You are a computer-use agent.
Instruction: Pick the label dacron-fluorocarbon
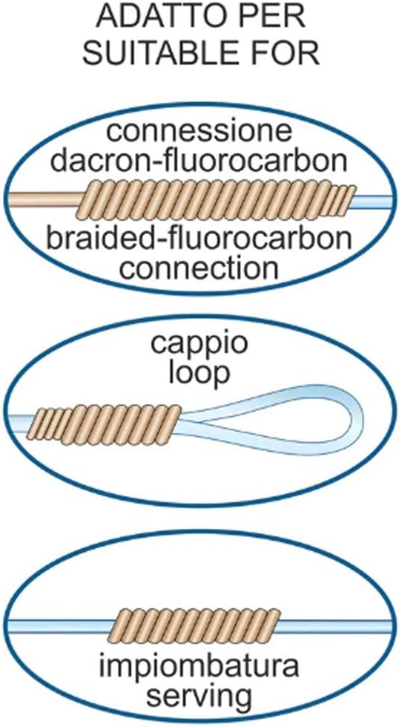199,161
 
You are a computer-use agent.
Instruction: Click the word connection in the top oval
199,268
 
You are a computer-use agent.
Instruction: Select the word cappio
200,346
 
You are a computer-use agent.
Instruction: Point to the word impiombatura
200,667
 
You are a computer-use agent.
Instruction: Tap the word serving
200,696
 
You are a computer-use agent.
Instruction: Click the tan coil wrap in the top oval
216,200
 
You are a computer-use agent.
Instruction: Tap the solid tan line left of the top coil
46,200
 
